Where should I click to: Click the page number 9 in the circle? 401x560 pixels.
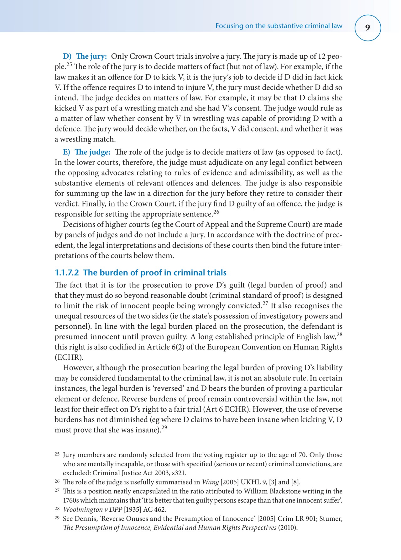click(x=367, y=28)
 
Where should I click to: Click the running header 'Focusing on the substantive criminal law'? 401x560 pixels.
click(x=279, y=26)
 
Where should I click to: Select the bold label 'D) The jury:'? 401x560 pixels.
click(x=85, y=56)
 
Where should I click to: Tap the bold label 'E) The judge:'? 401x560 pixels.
click(x=86, y=152)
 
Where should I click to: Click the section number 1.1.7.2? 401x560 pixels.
click(x=66, y=273)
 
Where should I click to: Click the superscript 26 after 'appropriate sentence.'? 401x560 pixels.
click(x=216, y=212)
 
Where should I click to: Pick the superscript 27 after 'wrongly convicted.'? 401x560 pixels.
click(x=265, y=304)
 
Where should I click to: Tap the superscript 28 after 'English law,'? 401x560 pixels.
click(x=340, y=335)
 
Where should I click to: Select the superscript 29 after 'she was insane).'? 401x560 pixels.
click(x=164, y=428)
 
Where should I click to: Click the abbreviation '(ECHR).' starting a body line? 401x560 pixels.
click(x=69, y=358)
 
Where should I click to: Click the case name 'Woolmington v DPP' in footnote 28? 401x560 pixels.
click(x=92, y=509)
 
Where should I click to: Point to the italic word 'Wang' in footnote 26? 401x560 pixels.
click(x=210, y=482)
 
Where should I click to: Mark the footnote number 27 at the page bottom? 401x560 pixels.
click(x=57, y=490)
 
